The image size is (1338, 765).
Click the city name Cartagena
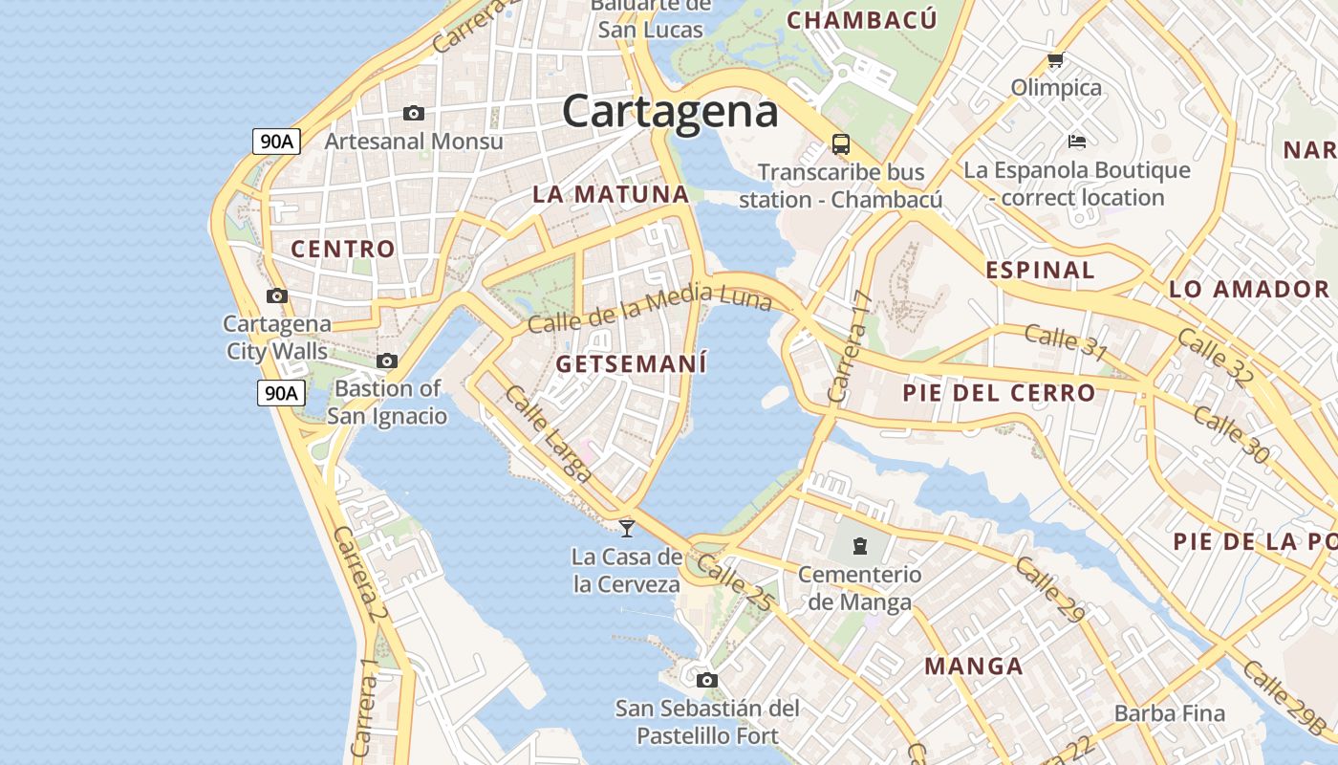click(x=670, y=111)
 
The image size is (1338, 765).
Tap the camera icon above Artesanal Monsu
click(x=414, y=113)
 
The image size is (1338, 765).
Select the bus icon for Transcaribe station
click(x=841, y=144)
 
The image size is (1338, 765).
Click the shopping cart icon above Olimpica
click(x=1056, y=60)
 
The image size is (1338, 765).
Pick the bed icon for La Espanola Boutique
click(x=1077, y=142)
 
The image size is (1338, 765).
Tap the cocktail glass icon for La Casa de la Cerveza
click(x=627, y=527)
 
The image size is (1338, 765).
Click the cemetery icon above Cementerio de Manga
click(x=860, y=546)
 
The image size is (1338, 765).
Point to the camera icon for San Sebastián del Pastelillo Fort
click(x=706, y=680)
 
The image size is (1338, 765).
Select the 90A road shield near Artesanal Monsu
click(x=277, y=142)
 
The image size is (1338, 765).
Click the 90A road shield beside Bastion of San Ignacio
click(x=281, y=392)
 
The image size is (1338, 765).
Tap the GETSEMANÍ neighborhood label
click(x=632, y=364)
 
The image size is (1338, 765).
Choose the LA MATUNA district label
click(x=611, y=194)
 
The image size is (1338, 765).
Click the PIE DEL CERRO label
click(x=999, y=393)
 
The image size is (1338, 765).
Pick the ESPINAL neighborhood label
click(x=1040, y=270)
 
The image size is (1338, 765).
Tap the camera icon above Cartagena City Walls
click(x=277, y=295)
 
